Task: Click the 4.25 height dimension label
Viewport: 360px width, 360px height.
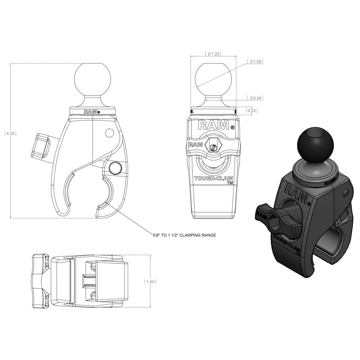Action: [x=10, y=134]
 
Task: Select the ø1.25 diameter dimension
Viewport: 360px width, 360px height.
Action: [x=213, y=54]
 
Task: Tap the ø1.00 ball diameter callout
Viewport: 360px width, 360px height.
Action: [x=255, y=62]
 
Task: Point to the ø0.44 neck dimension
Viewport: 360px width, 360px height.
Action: [x=255, y=98]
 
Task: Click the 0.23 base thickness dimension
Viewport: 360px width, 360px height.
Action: [x=251, y=111]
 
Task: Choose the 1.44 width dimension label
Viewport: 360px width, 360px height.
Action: [x=150, y=282]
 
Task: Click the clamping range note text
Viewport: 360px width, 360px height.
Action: [x=185, y=235]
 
